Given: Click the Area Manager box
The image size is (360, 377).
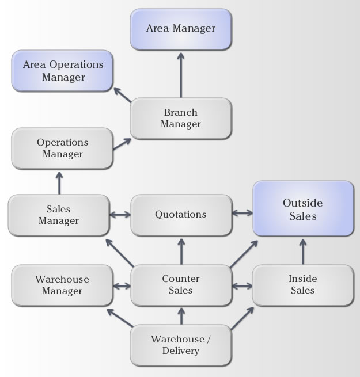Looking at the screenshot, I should click(181, 28).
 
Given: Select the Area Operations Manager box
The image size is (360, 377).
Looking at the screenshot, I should click(63, 71).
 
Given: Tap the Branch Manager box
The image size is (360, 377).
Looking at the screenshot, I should click(181, 118).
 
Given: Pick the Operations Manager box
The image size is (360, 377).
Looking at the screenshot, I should click(62, 148).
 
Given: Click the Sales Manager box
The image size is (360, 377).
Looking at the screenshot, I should click(58, 215).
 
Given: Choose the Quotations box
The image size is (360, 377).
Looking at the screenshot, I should click(181, 215).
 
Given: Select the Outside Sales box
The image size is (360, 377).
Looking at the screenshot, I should click(303, 210).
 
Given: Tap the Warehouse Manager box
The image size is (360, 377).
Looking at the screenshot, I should click(62, 285).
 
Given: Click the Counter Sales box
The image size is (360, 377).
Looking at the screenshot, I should click(181, 285).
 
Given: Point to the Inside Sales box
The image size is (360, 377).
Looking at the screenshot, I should click(303, 285).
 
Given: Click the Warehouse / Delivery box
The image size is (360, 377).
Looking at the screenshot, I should click(181, 345).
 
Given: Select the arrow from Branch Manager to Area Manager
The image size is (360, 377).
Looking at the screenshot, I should click(181, 75).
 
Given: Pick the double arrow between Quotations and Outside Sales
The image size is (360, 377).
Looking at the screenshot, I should click(242, 213).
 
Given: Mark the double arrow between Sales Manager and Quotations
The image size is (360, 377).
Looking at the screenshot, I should click(120, 215).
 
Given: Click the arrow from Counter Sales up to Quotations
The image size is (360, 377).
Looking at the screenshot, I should click(181, 250).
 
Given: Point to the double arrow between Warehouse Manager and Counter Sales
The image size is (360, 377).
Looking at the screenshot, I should click(122, 285).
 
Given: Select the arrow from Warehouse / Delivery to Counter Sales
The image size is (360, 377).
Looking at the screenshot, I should click(181, 315).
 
